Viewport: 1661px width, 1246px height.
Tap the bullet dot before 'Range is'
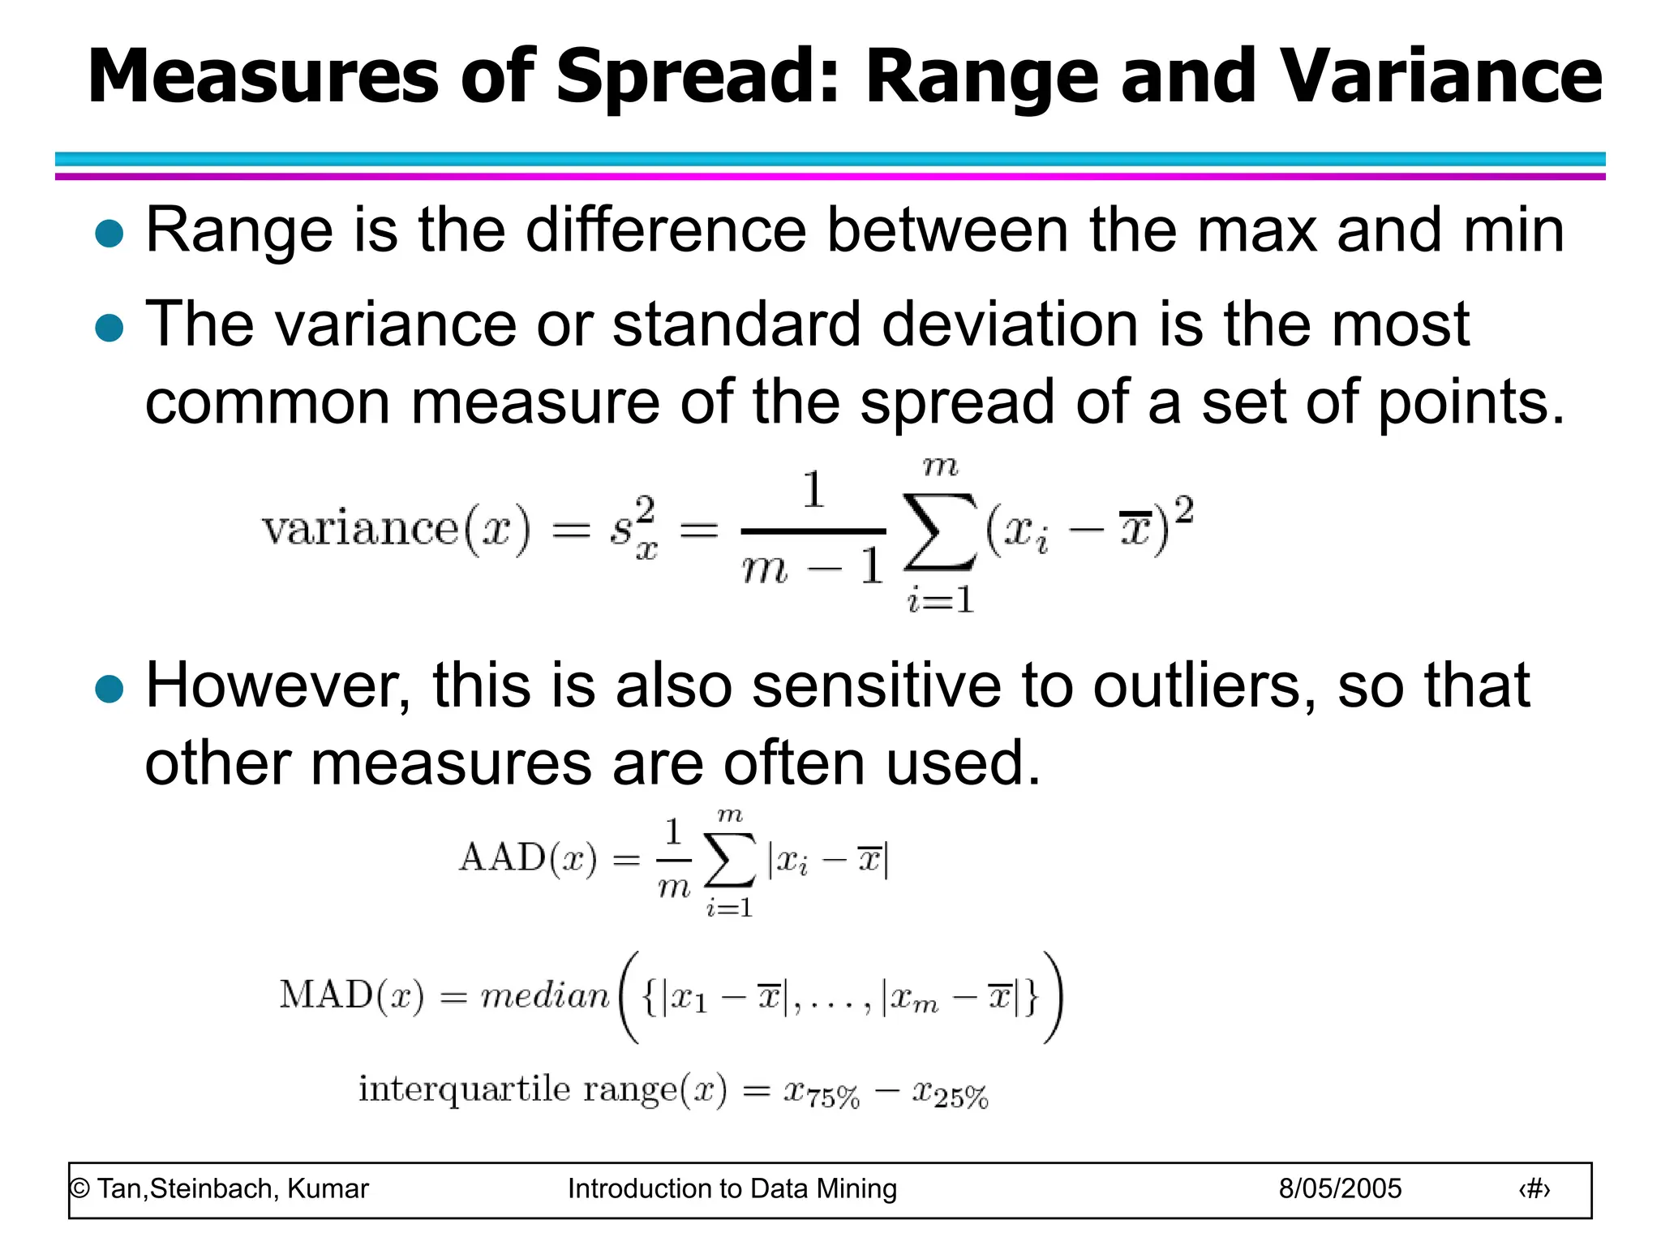click(109, 234)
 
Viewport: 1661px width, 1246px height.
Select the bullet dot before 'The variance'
click(109, 329)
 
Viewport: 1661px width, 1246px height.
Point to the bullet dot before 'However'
click(109, 690)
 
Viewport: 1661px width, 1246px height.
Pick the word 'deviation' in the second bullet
click(1009, 324)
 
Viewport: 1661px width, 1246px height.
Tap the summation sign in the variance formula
click(939, 532)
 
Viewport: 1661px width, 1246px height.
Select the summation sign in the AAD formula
click(730, 860)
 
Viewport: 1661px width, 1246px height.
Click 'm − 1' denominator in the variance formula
click(812, 567)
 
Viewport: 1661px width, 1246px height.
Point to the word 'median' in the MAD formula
click(545, 995)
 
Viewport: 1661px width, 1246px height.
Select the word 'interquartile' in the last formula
click(465, 1089)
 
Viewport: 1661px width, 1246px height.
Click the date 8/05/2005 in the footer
click(1340, 1189)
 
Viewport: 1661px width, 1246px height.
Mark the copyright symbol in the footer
click(79, 1189)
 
